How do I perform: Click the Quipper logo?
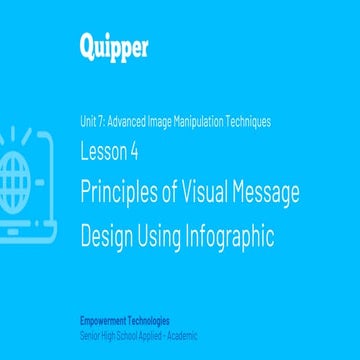pyautogui.click(x=112, y=45)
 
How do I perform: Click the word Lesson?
pyautogui.click(x=104, y=152)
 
